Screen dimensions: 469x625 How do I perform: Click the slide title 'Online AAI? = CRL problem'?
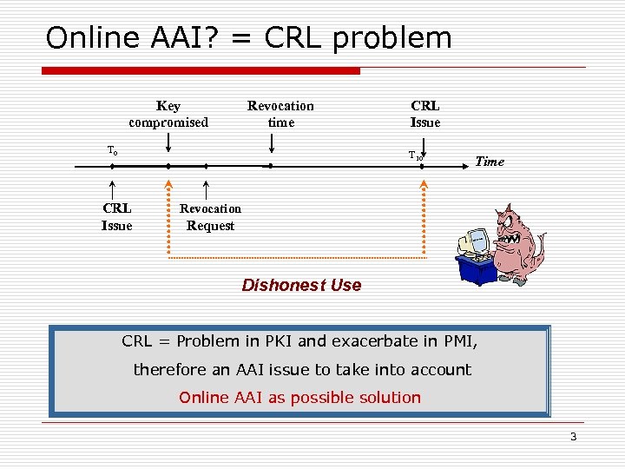coord(248,37)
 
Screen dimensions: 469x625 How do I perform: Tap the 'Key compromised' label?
coord(168,114)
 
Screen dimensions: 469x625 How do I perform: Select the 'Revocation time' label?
coord(280,114)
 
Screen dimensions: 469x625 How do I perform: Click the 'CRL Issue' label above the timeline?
coord(425,114)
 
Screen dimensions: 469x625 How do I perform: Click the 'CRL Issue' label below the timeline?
coord(117,217)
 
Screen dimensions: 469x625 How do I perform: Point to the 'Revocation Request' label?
coord(210,217)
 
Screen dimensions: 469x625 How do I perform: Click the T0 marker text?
coord(113,151)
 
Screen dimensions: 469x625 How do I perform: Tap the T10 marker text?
coord(416,155)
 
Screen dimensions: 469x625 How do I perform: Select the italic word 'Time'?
coord(490,162)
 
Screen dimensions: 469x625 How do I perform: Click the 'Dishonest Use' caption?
coord(301,286)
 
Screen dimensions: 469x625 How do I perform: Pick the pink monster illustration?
coord(514,241)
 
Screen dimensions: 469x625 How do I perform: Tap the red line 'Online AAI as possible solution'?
coord(299,398)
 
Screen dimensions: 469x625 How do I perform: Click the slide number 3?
coord(573,437)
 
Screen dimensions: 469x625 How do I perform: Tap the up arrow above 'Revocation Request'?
coord(206,188)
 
